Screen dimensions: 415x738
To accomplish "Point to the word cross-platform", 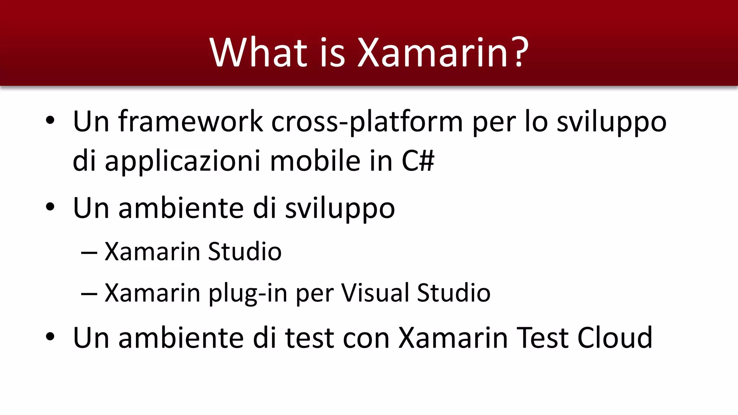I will (367, 122).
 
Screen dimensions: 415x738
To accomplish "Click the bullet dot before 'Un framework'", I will (50, 120).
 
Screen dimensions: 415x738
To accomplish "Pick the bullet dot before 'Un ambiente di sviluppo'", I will (50, 207).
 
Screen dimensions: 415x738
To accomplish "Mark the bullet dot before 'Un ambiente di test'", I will (50, 336).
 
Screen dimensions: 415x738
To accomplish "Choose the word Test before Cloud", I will (543, 338).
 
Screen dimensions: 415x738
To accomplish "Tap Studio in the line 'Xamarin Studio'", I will (245, 251).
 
